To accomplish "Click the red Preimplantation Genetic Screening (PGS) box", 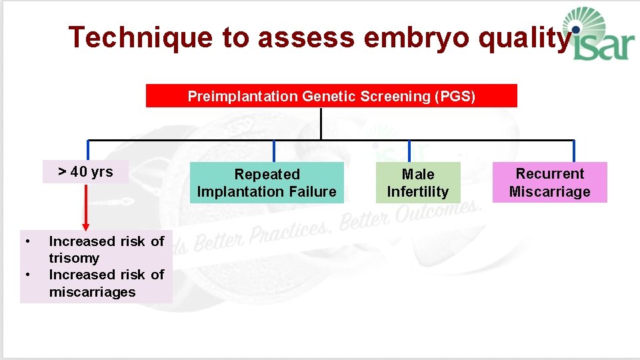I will (331, 96).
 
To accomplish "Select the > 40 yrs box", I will (85, 172).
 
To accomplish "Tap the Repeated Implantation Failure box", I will (267, 183).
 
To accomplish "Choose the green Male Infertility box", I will (418, 183).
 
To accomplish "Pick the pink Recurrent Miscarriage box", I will (549, 182).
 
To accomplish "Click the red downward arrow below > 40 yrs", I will (85, 207).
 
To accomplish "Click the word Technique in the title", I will (141, 38).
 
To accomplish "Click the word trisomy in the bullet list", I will (74, 258).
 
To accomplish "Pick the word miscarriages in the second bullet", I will (92, 292).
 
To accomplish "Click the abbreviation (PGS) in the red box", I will (455, 96).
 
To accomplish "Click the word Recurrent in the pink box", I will (549, 174).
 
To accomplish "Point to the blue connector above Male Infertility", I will (409, 151).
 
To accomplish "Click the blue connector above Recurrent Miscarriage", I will (573, 151).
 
